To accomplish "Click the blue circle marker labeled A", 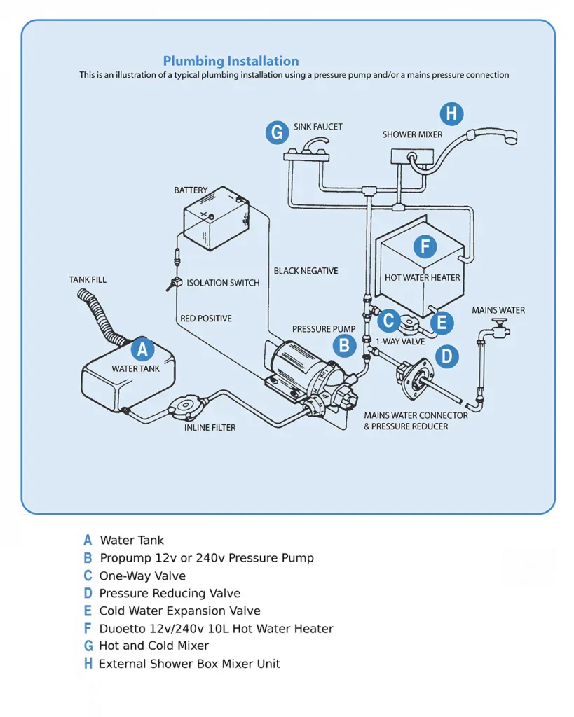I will click(x=142, y=349).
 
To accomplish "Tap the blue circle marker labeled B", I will click(x=344, y=344).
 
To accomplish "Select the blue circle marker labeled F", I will click(x=424, y=246).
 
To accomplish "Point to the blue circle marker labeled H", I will click(x=451, y=114).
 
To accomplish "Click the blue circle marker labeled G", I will click(x=278, y=132).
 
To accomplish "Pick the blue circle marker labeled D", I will click(x=446, y=356).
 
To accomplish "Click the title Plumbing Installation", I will click(x=231, y=61).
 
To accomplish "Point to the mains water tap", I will click(x=497, y=326).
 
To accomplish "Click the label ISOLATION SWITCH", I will click(x=223, y=283).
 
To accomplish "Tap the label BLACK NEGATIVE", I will click(x=306, y=271).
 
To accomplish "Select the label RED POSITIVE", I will click(x=205, y=319).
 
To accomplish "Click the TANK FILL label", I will click(x=88, y=280).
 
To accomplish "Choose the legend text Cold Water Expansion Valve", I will click(x=179, y=611).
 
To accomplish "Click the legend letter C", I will click(x=88, y=576).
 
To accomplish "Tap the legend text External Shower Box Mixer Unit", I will click(x=189, y=664).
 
